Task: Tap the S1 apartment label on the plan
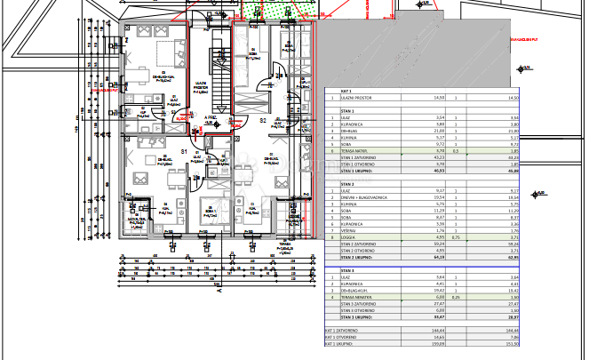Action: point(183,153)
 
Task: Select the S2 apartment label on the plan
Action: point(263,119)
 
